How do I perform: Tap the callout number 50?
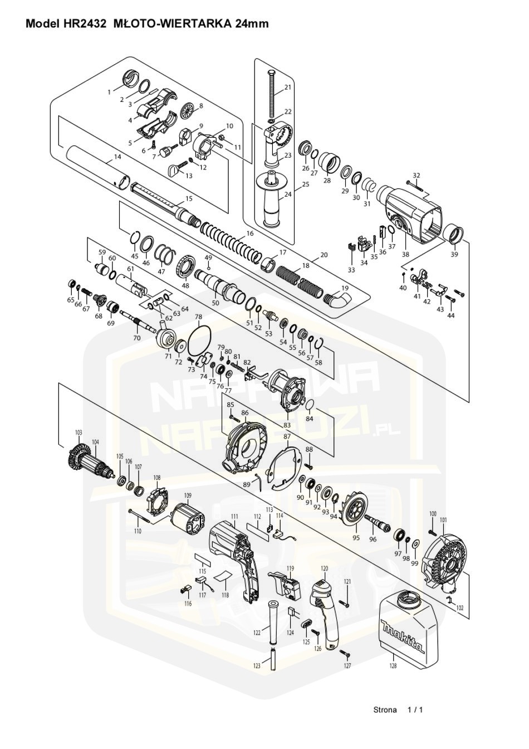tap(215, 303)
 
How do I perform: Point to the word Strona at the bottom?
tap(385, 709)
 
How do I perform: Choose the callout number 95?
tap(356, 538)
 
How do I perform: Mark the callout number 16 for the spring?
tap(249, 233)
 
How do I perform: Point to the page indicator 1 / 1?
tap(415, 709)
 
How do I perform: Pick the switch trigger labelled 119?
tap(286, 585)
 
